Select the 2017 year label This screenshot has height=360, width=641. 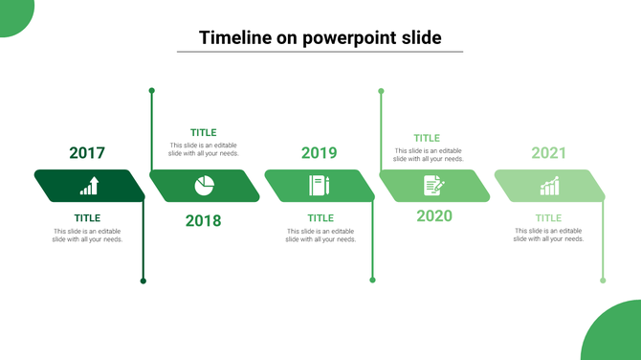87,153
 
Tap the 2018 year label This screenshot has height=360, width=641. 203,221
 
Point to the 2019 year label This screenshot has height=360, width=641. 320,153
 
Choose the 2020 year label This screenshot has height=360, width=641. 434,215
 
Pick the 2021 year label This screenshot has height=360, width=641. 549,153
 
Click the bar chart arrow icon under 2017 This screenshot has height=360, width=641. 89,186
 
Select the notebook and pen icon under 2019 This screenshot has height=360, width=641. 319,186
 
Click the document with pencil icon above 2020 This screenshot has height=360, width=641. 433,186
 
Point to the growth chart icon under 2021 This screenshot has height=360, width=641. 549,186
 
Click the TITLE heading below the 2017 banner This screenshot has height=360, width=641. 87,218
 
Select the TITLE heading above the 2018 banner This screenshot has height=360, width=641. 203,133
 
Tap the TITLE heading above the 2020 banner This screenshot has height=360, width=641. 427,139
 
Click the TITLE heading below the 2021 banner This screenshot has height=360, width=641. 548,218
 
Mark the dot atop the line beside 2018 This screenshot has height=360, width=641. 151,91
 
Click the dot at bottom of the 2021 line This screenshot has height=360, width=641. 603,281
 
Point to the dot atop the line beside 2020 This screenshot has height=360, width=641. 381,91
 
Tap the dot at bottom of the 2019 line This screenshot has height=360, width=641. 373,281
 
